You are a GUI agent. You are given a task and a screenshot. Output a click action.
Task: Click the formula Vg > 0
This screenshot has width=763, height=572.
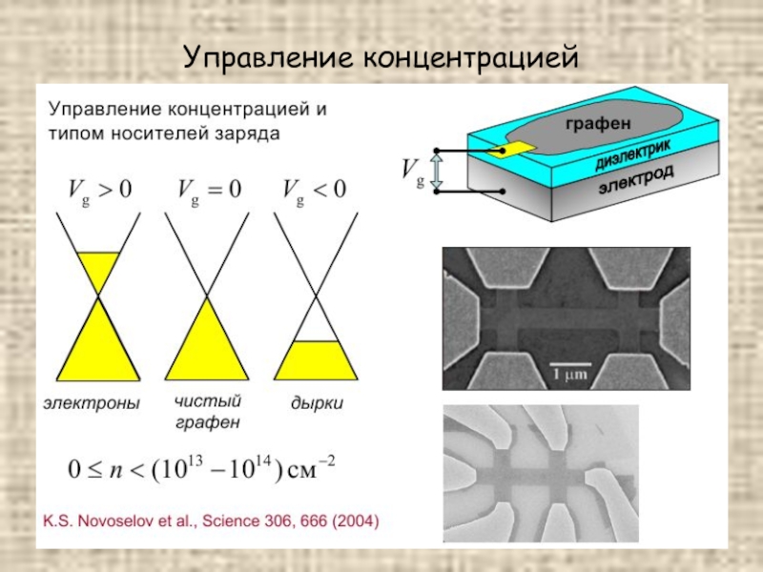[x=98, y=190]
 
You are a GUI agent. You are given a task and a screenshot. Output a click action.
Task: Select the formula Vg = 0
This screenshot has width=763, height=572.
[x=207, y=190]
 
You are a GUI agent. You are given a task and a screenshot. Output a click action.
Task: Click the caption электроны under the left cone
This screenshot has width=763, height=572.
[x=92, y=403]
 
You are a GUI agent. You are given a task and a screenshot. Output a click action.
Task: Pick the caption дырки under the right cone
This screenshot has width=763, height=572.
[x=317, y=403]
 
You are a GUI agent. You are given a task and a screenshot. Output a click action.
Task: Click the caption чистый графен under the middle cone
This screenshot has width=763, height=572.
[x=207, y=411]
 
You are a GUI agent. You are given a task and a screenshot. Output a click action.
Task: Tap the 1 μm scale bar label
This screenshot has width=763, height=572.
[x=572, y=376]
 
